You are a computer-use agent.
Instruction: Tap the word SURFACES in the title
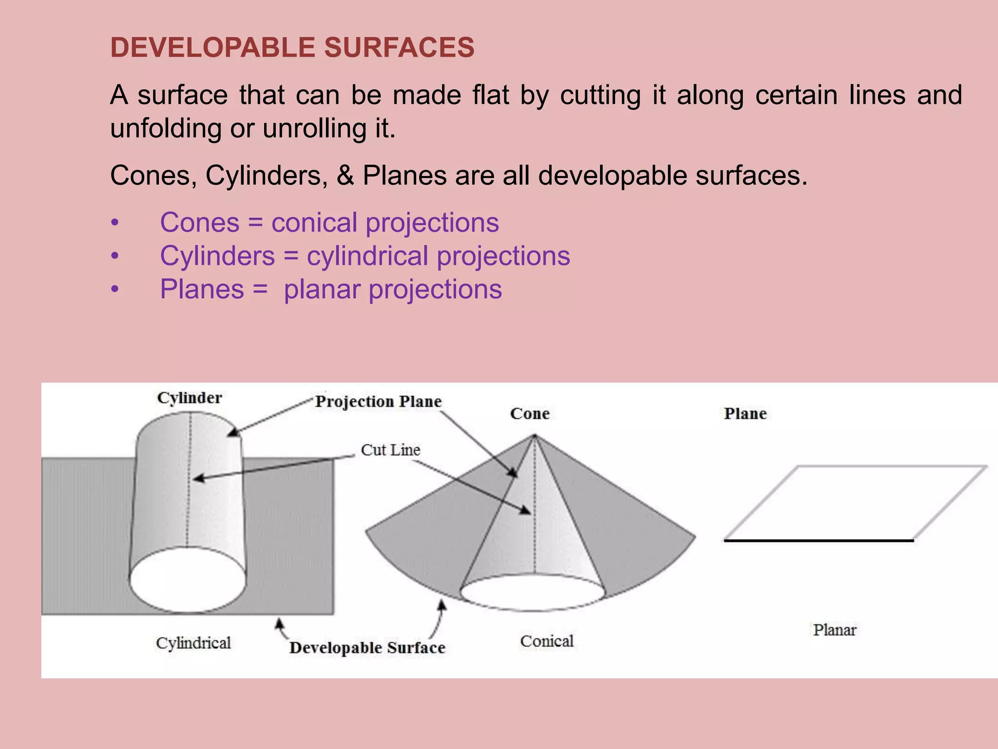tap(399, 48)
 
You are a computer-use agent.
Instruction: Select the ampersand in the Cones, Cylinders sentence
tap(345, 176)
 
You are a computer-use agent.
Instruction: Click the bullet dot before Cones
tap(115, 223)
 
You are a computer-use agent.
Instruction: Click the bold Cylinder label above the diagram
tap(190, 398)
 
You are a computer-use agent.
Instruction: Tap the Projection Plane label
tap(378, 401)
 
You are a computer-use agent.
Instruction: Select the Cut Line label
tap(390, 450)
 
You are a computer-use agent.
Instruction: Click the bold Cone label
tap(530, 414)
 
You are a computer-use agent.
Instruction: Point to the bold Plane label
tap(745, 414)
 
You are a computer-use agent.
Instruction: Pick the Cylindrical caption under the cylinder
tap(193, 643)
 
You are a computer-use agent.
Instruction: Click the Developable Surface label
tap(367, 648)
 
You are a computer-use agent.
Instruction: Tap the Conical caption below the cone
tap(547, 641)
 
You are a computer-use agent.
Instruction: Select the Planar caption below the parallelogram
tap(834, 630)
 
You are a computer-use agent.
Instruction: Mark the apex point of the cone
tap(535, 435)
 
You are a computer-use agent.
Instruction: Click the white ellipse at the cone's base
tap(533, 592)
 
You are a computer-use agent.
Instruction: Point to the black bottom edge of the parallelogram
tap(819, 540)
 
